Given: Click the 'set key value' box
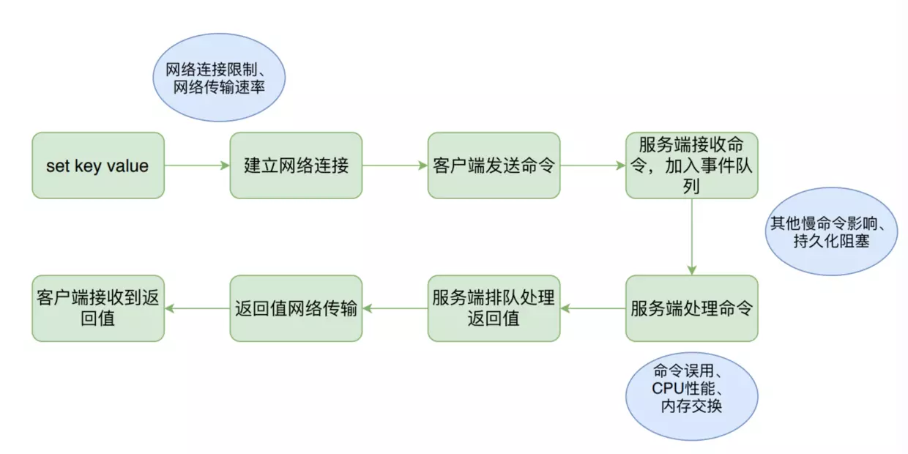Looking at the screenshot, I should pos(97,165).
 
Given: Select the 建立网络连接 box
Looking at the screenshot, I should pos(296,165).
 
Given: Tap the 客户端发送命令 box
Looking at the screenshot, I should pos(494,165).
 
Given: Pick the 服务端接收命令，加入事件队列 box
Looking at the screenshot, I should pos(691,165).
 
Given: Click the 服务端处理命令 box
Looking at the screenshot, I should pos(691,308).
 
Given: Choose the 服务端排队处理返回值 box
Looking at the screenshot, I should pos(494,308).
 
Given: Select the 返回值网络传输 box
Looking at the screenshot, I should pos(296,308).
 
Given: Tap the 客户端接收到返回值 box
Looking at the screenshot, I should pos(97,308).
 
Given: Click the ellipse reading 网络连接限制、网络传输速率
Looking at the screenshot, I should pos(218,79).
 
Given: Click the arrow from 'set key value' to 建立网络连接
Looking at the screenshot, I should pos(197,165).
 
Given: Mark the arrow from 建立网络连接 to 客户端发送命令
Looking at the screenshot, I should pos(395,165).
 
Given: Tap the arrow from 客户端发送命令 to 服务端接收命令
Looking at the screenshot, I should pos(592,165).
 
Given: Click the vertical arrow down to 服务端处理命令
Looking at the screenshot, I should pos(691,237).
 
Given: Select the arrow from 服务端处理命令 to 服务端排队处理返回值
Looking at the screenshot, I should pos(592,308).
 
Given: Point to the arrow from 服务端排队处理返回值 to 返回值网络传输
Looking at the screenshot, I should pos(395,308).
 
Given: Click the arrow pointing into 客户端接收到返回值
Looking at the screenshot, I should pos(197,308).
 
